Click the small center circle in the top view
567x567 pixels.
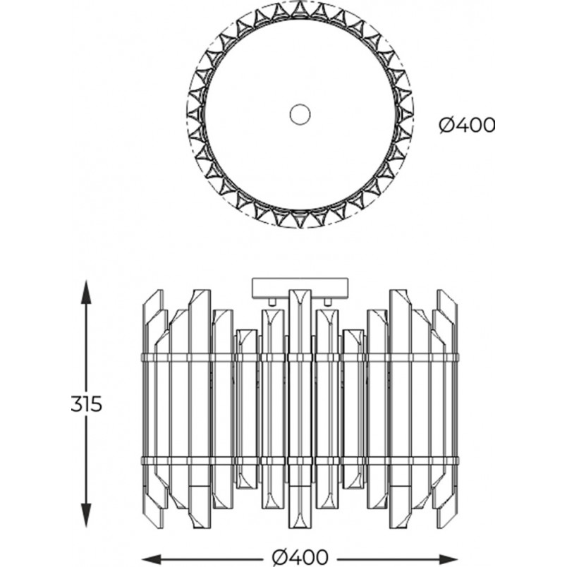click(x=300, y=114)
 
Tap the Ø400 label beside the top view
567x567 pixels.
click(x=466, y=126)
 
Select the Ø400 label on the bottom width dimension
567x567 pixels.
click(x=300, y=556)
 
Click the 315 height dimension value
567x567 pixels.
click(x=87, y=404)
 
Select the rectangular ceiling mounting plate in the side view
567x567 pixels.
click(x=300, y=288)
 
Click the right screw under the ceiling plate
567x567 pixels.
click(x=328, y=302)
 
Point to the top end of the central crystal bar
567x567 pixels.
click(x=300, y=290)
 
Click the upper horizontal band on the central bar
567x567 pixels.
click(x=300, y=358)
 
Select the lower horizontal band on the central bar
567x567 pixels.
click(x=300, y=461)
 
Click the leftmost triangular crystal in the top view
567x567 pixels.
click(x=195, y=114)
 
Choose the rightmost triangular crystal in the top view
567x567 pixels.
click(x=406, y=114)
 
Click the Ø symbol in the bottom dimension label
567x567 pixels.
click(x=279, y=556)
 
